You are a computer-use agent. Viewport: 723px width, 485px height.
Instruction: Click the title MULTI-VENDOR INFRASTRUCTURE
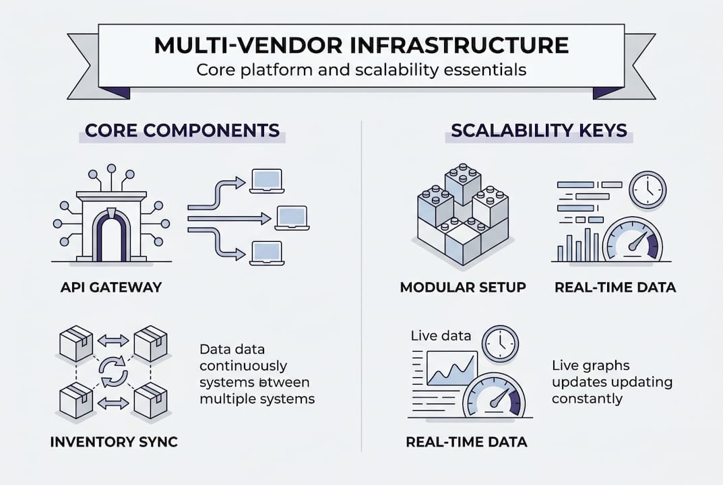tap(361, 46)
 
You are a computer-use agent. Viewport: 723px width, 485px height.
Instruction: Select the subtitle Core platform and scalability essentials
tap(361, 70)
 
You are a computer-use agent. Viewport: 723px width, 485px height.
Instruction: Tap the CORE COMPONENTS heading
tap(182, 130)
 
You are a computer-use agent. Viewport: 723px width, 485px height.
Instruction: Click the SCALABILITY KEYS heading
tap(539, 130)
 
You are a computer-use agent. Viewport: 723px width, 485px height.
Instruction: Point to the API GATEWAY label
tap(111, 287)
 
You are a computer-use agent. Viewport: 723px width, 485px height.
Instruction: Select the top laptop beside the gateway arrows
tap(267, 181)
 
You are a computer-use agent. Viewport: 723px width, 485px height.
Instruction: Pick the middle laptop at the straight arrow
tap(292, 218)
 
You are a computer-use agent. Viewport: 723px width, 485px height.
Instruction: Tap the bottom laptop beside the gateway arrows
tap(267, 253)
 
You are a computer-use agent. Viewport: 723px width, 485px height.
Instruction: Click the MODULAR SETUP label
tap(463, 287)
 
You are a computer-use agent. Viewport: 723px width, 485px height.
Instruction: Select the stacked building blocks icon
tap(463, 213)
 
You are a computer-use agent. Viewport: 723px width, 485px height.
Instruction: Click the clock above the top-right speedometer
tap(647, 189)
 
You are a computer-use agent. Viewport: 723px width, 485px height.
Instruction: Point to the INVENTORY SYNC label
tap(114, 443)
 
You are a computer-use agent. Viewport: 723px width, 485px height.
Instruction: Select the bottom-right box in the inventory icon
tap(150, 401)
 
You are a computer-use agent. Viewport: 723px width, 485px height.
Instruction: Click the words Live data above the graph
tap(441, 335)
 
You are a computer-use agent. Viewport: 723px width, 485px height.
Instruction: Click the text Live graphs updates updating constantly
tap(611, 382)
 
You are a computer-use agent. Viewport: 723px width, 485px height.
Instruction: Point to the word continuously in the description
tap(243, 366)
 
